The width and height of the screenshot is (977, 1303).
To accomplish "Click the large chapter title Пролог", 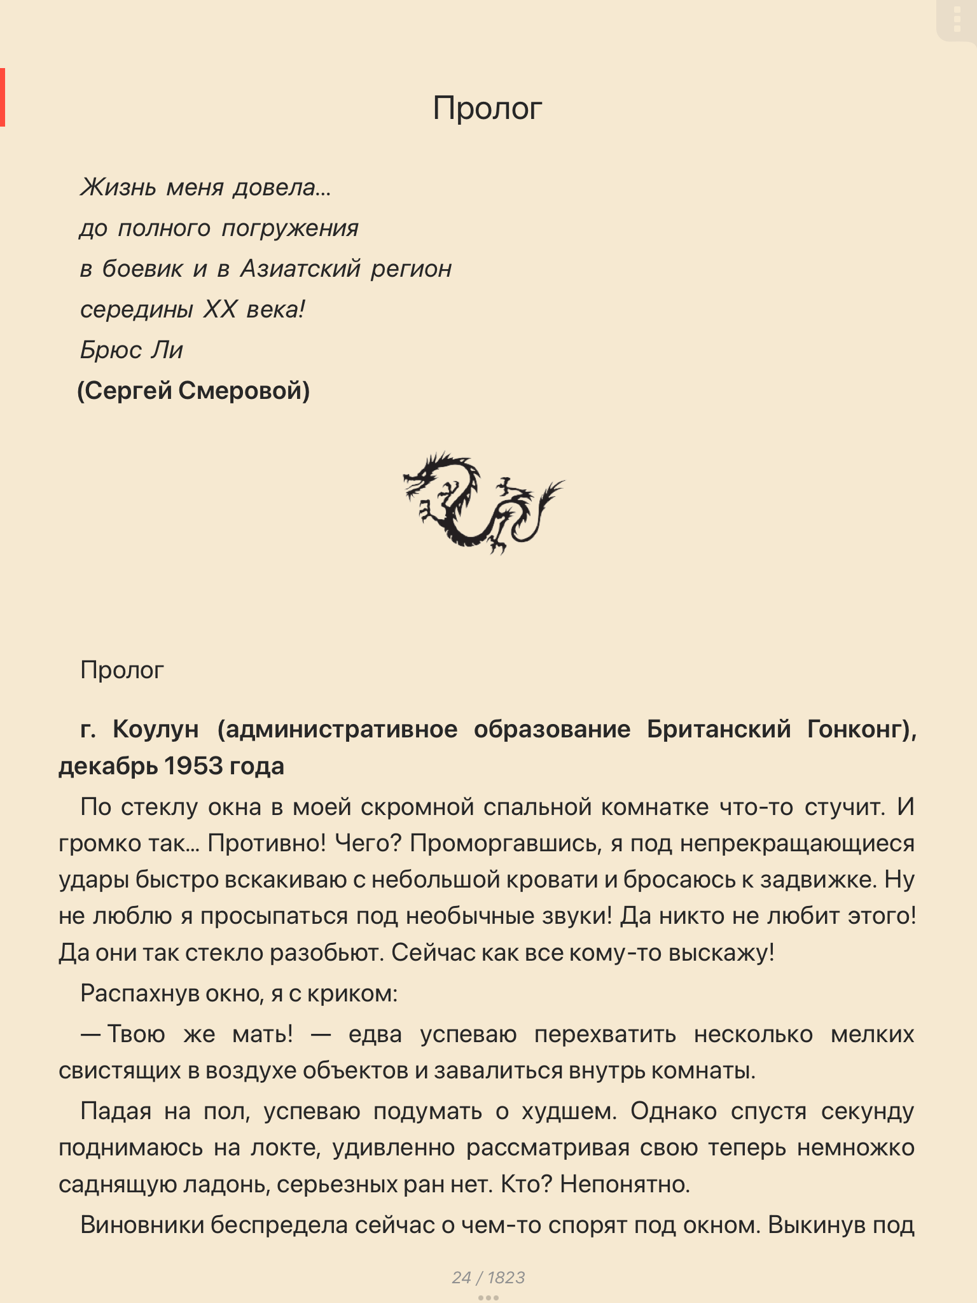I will pos(487,108).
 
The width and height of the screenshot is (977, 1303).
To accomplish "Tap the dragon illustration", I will pos(483,503).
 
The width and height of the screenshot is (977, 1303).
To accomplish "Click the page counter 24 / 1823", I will pos(488,1278).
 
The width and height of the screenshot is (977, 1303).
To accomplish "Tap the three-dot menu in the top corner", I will pos(957,20).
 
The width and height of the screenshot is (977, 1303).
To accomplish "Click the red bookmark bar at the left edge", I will pos(3,97).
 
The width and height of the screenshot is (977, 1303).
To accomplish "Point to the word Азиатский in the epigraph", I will pos(300,269).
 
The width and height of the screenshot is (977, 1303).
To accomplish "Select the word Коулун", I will pos(155,729).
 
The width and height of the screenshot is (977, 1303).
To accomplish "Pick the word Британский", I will pos(719,729).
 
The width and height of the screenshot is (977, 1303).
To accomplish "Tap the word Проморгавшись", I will pos(505,844).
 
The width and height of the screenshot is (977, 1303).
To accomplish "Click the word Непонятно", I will pos(625,1184).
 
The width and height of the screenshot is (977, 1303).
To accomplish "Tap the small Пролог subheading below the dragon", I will pos(122,670).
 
